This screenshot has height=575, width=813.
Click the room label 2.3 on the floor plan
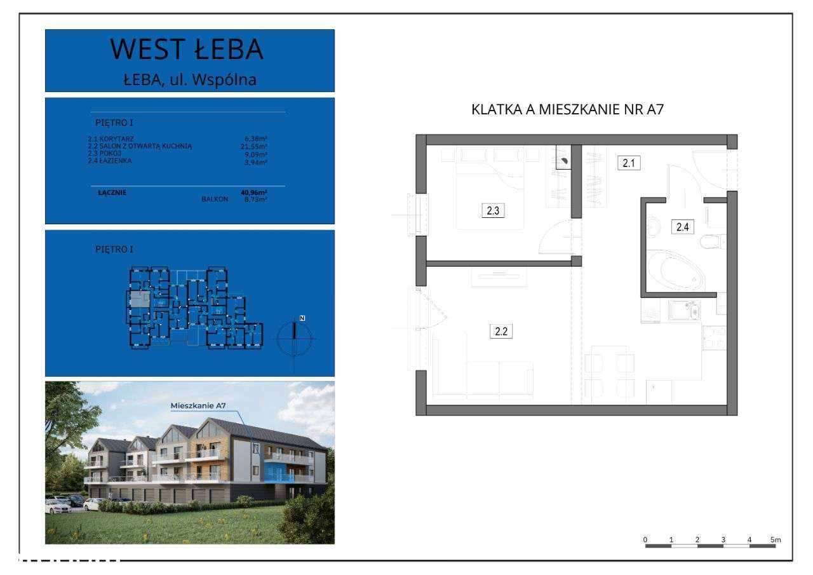492,211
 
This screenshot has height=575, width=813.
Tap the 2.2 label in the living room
501,331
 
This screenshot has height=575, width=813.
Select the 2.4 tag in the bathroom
682,226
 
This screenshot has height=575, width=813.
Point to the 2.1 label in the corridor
629,163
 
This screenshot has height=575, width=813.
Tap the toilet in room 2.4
713,241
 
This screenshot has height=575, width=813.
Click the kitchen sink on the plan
685,311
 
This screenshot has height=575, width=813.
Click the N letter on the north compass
302,317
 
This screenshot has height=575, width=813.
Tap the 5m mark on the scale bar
775,539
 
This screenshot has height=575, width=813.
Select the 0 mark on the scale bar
645,539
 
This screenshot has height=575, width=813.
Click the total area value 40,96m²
254,192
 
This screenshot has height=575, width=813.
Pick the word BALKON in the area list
214,199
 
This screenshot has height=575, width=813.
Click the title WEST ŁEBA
187,50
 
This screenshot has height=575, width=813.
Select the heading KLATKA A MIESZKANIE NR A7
567,109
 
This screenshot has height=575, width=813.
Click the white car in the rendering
57,506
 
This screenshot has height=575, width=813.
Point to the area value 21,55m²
254,146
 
